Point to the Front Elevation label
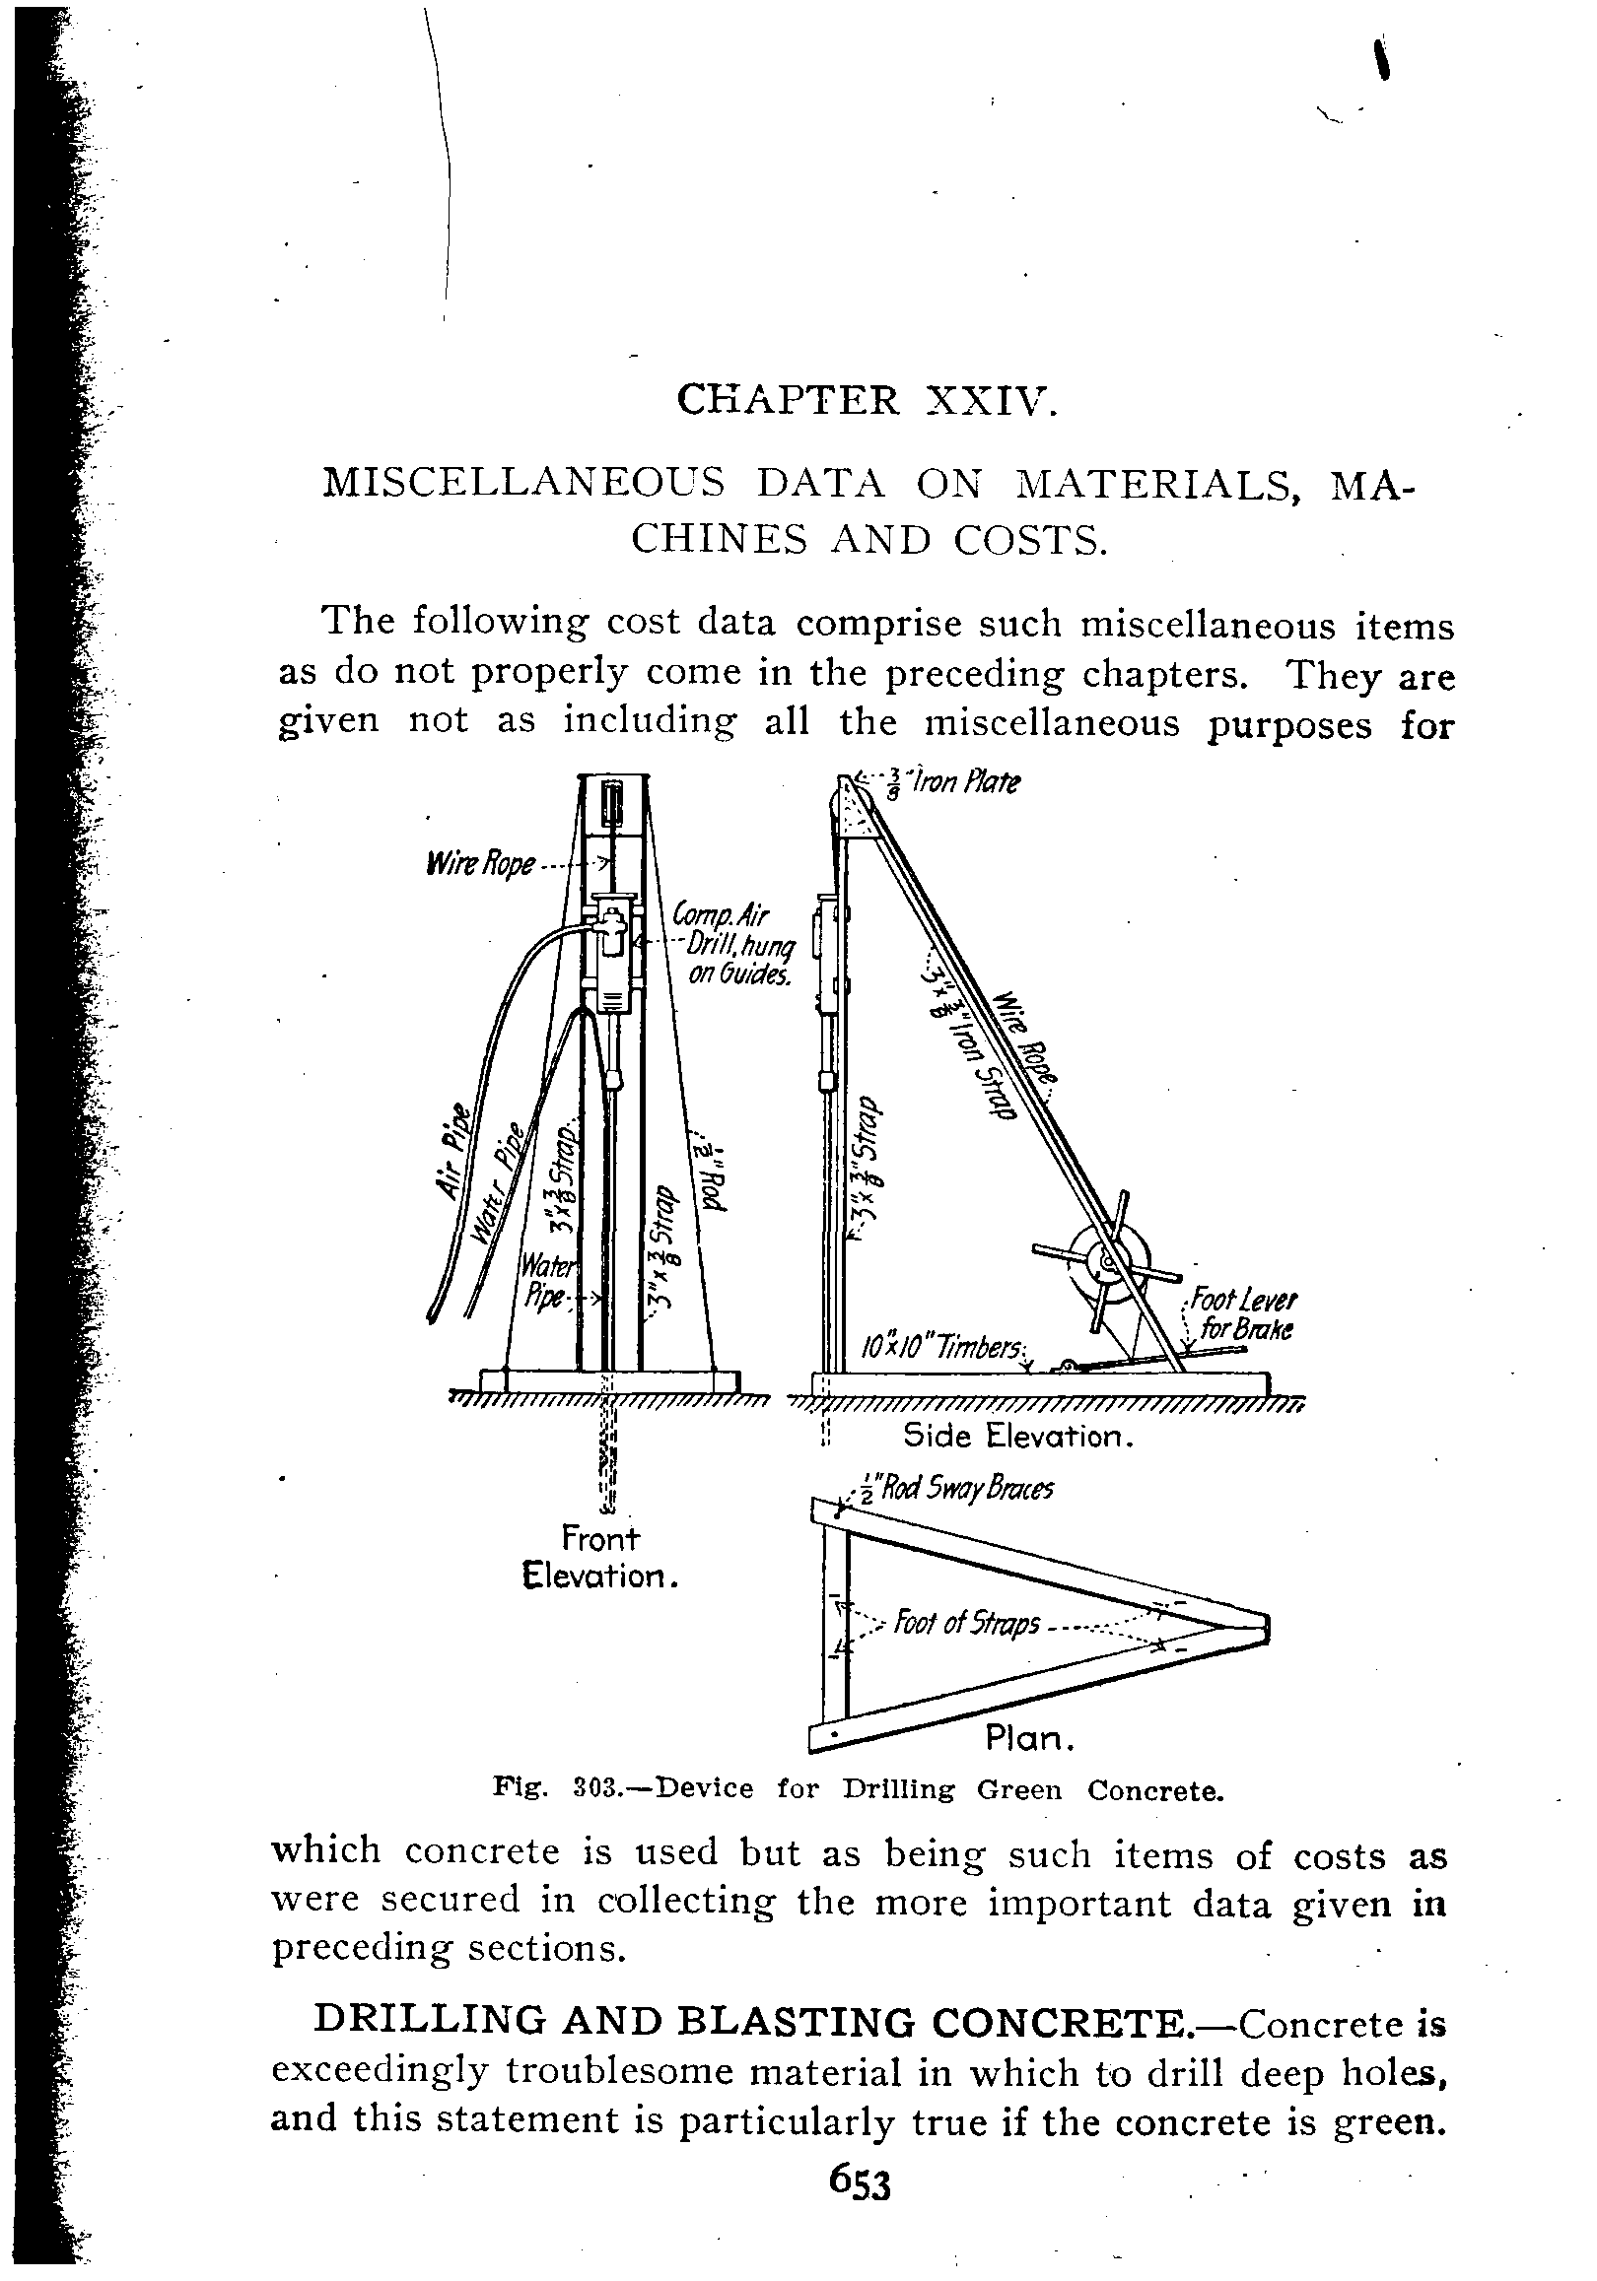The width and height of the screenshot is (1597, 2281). tap(600, 1557)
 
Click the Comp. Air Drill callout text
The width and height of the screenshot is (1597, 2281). tap(730, 944)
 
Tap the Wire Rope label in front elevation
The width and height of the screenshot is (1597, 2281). tap(480, 863)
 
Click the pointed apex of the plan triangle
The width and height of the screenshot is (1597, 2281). tap(1264, 1628)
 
